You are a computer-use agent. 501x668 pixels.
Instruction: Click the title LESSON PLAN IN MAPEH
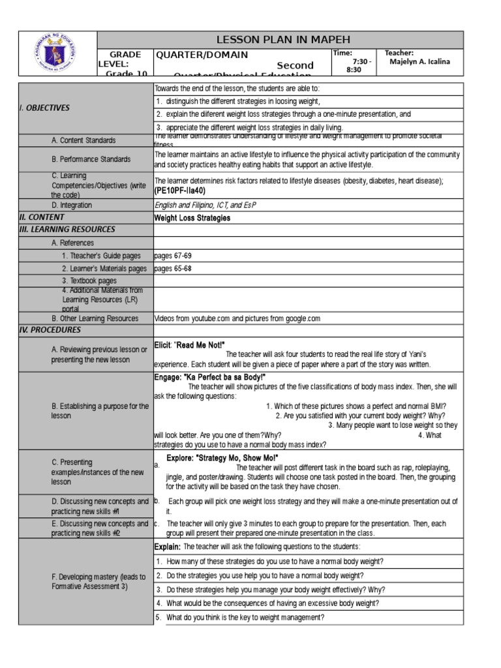click(x=279, y=39)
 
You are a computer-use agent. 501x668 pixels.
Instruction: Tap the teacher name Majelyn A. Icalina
click(x=419, y=62)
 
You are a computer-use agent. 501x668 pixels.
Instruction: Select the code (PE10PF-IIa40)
click(x=179, y=191)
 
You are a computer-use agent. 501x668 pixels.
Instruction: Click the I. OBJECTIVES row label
click(x=44, y=108)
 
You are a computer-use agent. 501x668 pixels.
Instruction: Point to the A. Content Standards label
click(x=83, y=140)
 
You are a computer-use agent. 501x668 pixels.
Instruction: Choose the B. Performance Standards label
click(x=91, y=159)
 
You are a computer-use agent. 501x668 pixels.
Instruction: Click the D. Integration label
click(x=72, y=205)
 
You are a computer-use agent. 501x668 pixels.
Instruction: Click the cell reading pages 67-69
click(x=174, y=256)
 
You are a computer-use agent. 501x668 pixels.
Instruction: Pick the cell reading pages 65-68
click(x=174, y=268)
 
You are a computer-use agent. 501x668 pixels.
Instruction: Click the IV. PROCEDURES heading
click(x=50, y=330)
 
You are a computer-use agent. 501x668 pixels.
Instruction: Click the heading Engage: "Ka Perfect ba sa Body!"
click(x=210, y=378)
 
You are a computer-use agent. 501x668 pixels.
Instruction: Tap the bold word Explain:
click(x=168, y=547)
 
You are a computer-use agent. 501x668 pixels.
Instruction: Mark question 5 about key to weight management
click(x=245, y=618)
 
